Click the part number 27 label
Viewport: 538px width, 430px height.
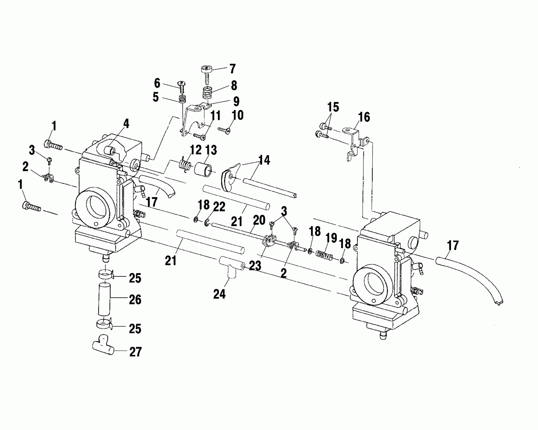(135, 352)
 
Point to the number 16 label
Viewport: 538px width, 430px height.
(364, 117)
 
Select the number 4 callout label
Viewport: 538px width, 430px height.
(126, 124)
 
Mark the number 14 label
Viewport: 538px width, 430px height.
(264, 160)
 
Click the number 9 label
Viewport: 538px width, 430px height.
(236, 101)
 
